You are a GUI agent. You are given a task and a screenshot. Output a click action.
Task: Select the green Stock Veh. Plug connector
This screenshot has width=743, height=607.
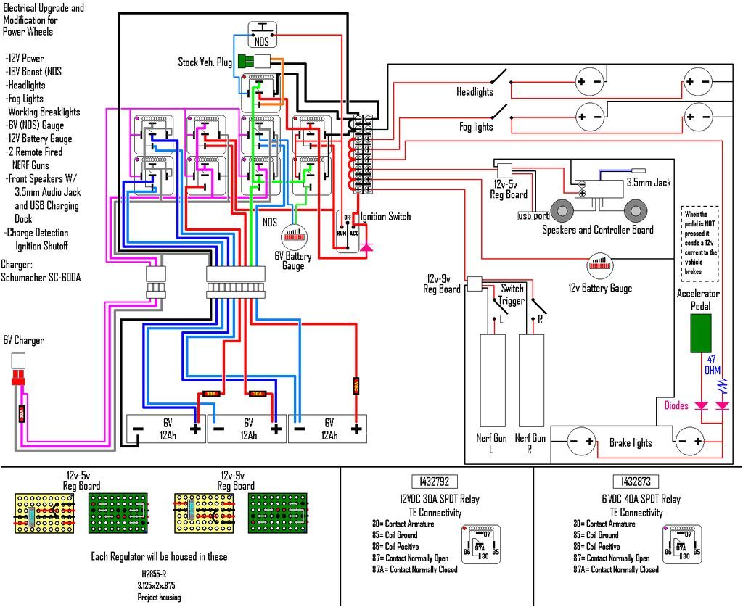click(245, 61)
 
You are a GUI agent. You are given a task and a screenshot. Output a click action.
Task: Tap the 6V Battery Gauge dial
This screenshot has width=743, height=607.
click(295, 236)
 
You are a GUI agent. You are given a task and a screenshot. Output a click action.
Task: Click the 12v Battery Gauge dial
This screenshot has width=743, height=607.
click(599, 265)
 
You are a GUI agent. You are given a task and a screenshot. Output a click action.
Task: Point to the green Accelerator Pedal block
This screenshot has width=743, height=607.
click(700, 334)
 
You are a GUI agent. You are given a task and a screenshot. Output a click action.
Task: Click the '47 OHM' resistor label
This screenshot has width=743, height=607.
click(714, 365)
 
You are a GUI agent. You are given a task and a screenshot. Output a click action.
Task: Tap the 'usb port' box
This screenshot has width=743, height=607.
click(533, 215)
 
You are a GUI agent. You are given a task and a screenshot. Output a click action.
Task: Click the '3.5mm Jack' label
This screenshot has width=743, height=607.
click(649, 183)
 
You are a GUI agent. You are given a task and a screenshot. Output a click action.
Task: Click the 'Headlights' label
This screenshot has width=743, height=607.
click(475, 92)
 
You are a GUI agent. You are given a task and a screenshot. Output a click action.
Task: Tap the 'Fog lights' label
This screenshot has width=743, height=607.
click(476, 127)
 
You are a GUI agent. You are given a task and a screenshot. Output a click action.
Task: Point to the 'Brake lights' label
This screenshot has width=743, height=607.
click(630, 442)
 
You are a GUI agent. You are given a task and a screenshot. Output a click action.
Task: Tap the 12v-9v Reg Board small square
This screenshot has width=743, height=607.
click(474, 284)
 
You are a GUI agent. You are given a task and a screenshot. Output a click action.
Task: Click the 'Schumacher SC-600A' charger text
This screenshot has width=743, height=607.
click(41, 278)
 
